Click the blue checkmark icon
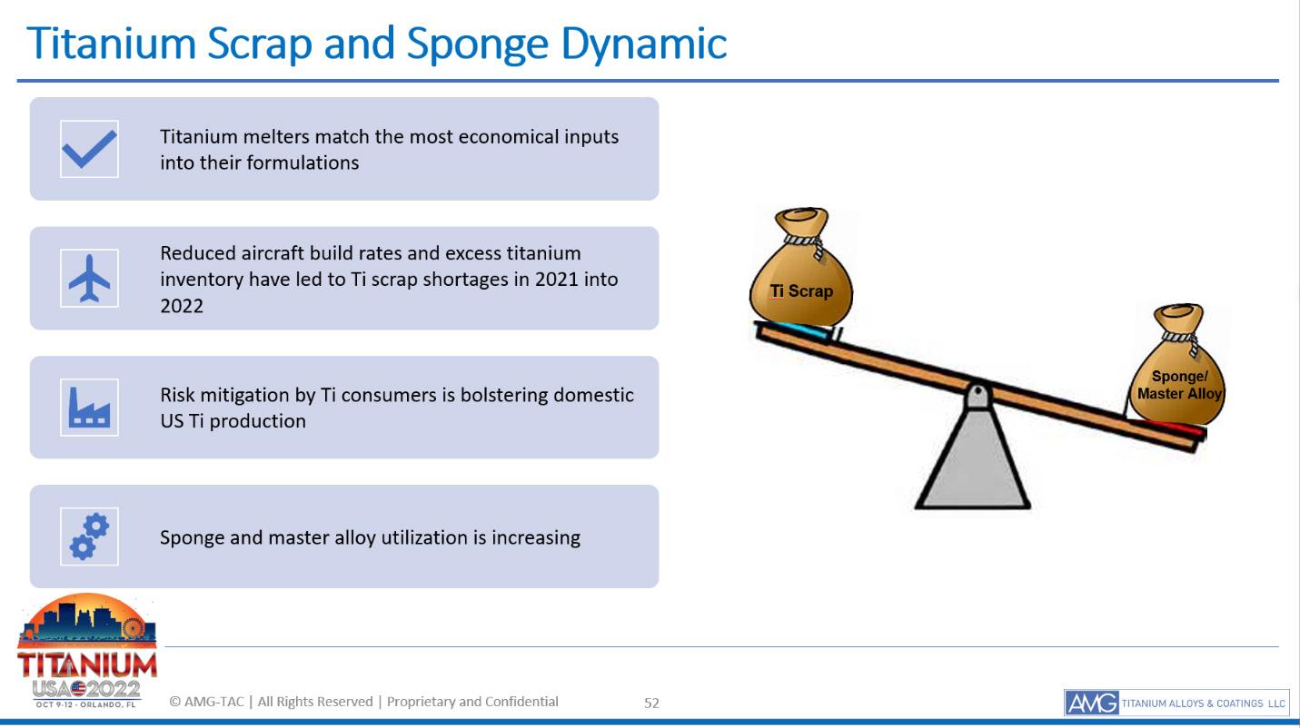click(x=89, y=149)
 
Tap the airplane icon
click(x=89, y=279)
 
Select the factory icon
click(x=89, y=408)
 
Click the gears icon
click(x=89, y=536)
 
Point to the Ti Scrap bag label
click(x=801, y=290)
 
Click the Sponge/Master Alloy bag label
click(x=1179, y=385)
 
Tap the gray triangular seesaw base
click(x=973, y=458)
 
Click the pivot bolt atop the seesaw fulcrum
click(x=977, y=393)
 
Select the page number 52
click(x=651, y=703)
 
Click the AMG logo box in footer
click(x=1092, y=703)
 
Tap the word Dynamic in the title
click(x=643, y=44)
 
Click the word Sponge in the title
click(x=477, y=44)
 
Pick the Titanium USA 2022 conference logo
click(x=87, y=651)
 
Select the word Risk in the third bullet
click(x=177, y=395)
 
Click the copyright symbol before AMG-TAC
click(x=174, y=702)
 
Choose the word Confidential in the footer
click(x=521, y=702)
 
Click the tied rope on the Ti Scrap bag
click(x=807, y=242)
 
